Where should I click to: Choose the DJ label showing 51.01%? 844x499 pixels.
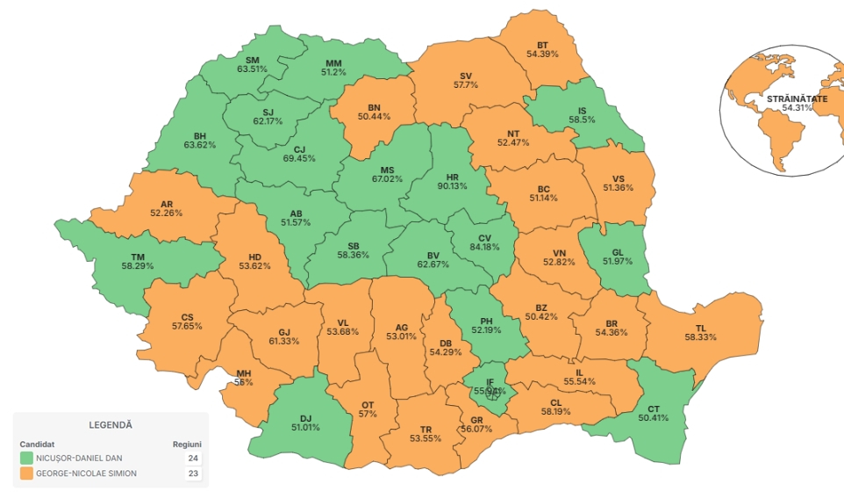[305, 423]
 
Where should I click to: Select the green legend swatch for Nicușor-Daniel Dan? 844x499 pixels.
[26, 458]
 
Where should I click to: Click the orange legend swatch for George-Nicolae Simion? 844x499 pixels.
[26, 474]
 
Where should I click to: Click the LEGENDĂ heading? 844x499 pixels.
[111, 424]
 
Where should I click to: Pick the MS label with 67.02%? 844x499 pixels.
[387, 174]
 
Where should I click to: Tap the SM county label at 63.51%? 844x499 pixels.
[253, 63]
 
